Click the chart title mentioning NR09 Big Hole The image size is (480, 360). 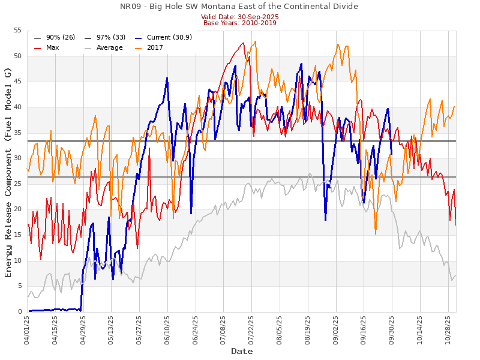click(x=239, y=7)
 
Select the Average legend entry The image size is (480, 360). click(x=109, y=47)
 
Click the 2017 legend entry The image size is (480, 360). click(x=155, y=47)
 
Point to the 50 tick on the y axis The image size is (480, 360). click(x=17, y=56)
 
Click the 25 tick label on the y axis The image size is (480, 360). click(x=17, y=184)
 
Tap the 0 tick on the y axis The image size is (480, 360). click(x=20, y=312)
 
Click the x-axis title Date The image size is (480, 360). click(x=242, y=351)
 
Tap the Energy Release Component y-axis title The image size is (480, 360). click(x=8, y=171)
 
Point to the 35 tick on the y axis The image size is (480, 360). click(x=17, y=133)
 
